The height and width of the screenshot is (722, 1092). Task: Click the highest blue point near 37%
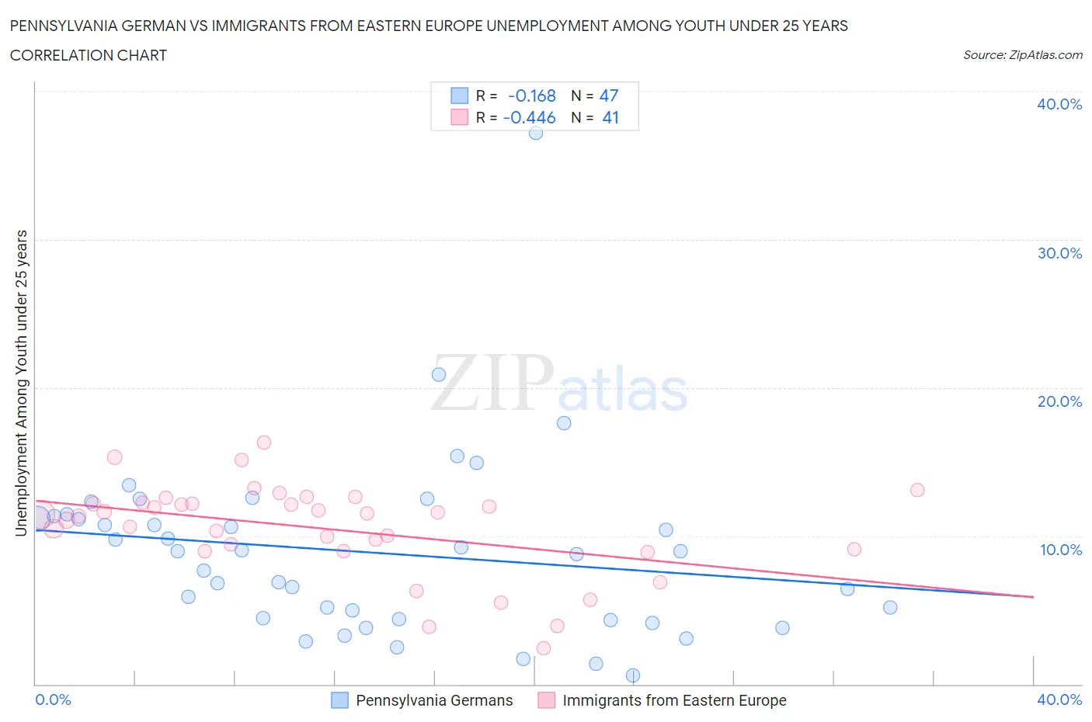(536, 133)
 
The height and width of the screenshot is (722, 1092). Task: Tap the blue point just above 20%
(439, 374)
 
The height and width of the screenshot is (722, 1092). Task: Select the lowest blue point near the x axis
(633, 675)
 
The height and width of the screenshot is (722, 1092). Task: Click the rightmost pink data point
(917, 490)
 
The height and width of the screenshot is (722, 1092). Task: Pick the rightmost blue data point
(890, 607)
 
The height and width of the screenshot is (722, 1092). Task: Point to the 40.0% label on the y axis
(1059, 104)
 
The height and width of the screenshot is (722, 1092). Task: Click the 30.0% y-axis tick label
(1059, 253)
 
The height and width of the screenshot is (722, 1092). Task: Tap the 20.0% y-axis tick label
(1059, 401)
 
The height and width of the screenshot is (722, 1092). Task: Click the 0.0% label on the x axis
(54, 699)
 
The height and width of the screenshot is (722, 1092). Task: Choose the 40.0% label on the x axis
(1059, 699)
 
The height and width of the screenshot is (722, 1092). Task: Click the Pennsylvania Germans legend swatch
(340, 700)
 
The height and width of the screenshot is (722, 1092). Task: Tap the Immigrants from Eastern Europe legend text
(674, 700)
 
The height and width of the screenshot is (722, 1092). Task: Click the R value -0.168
(532, 95)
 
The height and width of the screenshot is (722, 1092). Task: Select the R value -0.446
(530, 117)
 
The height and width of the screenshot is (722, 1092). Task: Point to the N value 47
(609, 95)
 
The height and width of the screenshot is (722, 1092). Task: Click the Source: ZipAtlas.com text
(1022, 55)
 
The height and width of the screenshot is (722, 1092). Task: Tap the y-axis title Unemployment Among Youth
(22, 383)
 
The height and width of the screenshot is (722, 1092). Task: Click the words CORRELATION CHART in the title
(89, 55)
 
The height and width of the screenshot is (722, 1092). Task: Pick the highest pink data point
(264, 443)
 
